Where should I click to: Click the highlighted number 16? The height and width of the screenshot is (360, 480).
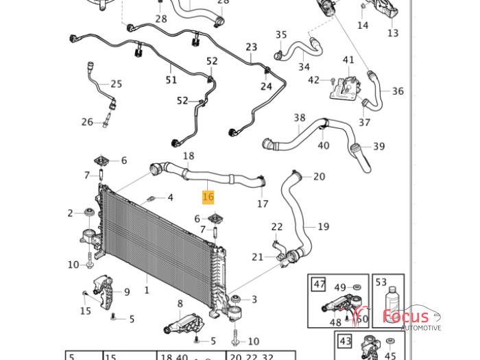click(x=208, y=197)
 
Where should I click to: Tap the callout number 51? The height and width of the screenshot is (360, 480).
click(x=171, y=80)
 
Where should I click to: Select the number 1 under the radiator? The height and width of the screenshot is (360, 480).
click(x=146, y=290)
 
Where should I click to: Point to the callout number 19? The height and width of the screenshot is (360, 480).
click(x=323, y=226)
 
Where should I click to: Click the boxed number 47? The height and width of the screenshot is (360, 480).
click(x=319, y=285)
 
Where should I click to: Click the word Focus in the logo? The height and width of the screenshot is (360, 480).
click(x=406, y=316)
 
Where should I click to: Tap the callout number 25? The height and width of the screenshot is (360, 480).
click(x=116, y=84)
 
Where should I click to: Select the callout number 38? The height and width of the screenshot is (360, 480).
click(x=300, y=118)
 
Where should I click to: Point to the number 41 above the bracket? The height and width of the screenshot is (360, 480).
click(x=348, y=60)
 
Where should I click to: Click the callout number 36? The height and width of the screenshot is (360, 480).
click(x=398, y=91)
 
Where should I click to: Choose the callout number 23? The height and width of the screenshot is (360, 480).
click(x=252, y=48)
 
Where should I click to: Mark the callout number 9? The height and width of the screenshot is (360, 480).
click(x=127, y=292)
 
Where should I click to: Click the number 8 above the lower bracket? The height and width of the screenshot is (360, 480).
click(x=180, y=304)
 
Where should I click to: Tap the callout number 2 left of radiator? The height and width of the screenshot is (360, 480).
click(x=71, y=213)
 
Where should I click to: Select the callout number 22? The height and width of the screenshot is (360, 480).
click(x=277, y=227)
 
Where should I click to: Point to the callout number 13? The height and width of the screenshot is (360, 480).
click(x=393, y=33)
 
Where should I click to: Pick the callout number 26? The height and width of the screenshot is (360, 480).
click(x=87, y=122)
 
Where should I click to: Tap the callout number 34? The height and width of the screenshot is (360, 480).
click(x=304, y=67)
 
